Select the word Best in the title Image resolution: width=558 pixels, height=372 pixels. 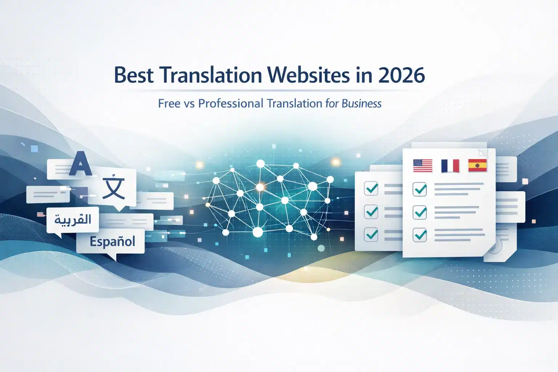[134, 75]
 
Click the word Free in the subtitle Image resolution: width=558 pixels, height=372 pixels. [169, 104]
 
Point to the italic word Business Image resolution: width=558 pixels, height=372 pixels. [361, 104]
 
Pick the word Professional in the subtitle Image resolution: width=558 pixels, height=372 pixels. [231, 104]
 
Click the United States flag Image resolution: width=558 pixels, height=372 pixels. [423, 166]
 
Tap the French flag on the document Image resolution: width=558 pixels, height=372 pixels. [450, 166]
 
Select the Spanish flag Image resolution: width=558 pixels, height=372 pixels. [477, 165]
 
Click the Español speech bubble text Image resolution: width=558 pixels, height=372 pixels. [113, 242]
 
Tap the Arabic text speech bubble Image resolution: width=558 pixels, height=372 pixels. [73, 220]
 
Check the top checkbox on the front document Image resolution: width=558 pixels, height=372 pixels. [420, 189]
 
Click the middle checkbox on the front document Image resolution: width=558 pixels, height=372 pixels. [420, 212]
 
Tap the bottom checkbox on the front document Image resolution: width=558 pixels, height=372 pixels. [420, 235]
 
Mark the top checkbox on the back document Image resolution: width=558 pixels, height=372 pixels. [371, 189]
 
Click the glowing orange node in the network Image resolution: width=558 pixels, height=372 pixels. [260, 187]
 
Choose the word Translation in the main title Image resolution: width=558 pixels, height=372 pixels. [210, 75]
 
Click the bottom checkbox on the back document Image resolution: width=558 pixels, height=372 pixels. [371, 234]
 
